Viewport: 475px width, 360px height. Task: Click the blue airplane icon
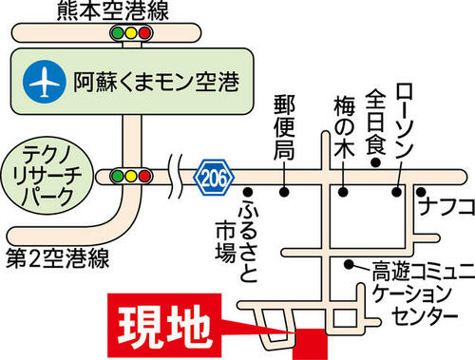tap(45, 82)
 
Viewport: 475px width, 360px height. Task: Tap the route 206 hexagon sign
tap(214, 178)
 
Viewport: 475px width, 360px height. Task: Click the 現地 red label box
tap(164, 326)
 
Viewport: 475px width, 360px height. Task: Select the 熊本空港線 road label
tap(113, 10)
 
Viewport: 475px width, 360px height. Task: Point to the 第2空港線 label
tap(58, 258)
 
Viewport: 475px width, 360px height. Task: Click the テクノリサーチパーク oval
tap(47, 178)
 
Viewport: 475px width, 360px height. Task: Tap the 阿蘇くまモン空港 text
tap(157, 82)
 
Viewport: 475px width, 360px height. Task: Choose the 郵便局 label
tap(284, 127)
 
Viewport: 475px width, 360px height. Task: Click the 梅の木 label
tap(344, 126)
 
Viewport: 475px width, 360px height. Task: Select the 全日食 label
tap(375, 122)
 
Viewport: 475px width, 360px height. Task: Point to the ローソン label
tap(405, 121)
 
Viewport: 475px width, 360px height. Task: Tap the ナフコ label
tap(446, 206)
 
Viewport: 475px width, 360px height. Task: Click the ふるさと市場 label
tap(236, 240)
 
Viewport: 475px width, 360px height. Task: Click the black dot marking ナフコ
tap(421, 192)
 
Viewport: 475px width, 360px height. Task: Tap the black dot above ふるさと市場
tap(248, 192)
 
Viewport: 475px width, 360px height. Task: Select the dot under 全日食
tap(375, 162)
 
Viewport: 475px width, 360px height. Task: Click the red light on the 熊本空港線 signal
tap(144, 33)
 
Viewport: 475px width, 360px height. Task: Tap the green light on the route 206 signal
tap(118, 176)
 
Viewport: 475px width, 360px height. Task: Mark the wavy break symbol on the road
tap(175, 176)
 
